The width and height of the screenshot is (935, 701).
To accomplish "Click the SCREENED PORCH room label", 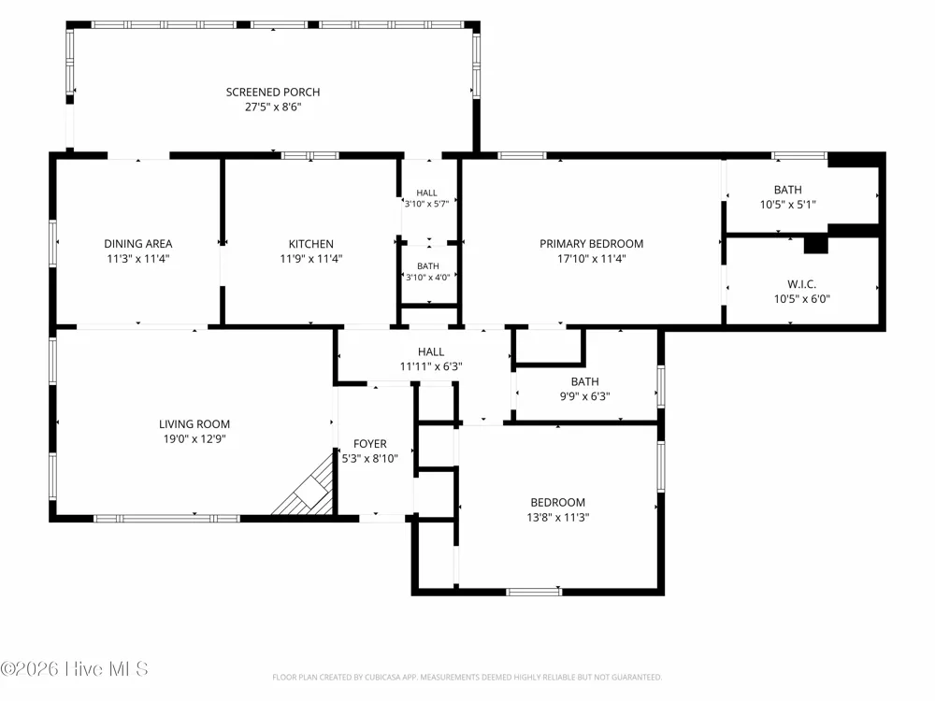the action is tap(272, 92).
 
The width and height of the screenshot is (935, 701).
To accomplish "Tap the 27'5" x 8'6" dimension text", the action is tap(272, 107).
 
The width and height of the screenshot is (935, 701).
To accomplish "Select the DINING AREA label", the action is tap(137, 243).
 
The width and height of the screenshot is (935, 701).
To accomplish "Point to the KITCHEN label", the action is tap(310, 244).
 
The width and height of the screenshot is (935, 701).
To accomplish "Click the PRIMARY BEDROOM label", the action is tap(591, 243).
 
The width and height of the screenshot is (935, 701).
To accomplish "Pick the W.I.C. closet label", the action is tap(801, 284).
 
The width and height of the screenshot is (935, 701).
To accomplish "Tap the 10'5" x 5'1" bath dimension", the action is tap(787, 205).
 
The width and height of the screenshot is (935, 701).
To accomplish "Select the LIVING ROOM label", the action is tap(194, 423).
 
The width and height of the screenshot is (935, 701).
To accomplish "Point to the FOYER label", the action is tap(369, 443).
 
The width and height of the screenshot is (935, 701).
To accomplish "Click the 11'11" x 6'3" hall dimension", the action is tap(430, 366).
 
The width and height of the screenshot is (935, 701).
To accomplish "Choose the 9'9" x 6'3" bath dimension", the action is tap(584, 395).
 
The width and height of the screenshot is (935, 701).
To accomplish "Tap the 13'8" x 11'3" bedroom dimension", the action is tap(557, 517).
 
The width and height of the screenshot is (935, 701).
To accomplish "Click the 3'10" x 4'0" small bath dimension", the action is tap(427, 278).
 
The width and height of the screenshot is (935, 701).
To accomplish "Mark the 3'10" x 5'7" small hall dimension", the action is tap(426, 204).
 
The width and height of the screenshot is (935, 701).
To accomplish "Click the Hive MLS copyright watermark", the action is tap(74, 669).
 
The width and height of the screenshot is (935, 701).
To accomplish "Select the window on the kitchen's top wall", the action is tap(310, 155).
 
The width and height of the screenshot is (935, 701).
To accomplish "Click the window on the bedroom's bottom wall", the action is tap(534, 592).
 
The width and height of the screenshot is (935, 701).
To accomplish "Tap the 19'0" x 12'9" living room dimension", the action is tap(194, 438).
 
